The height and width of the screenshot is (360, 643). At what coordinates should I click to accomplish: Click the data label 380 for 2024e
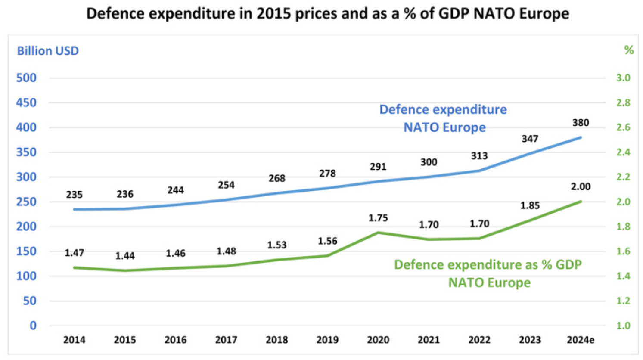click(580, 123)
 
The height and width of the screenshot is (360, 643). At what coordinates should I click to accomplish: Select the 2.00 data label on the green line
click(580, 186)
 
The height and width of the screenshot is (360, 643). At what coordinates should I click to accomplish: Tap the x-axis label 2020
click(378, 340)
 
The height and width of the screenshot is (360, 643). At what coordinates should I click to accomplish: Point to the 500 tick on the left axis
click(26, 78)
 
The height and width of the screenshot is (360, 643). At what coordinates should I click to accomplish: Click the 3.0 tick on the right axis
click(623, 78)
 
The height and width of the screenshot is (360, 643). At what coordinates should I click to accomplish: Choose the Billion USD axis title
click(48, 51)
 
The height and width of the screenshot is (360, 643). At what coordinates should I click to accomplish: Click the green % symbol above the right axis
click(629, 50)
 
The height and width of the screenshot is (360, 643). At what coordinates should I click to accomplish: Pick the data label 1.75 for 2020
click(378, 218)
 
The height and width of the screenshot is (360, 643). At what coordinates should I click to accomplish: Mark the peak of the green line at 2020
click(378, 233)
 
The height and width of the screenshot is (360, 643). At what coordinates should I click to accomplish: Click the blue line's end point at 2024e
click(581, 138)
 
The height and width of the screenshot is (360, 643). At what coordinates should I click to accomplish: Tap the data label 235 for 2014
click(74, 195)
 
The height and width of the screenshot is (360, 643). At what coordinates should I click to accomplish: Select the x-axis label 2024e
click(580, 340)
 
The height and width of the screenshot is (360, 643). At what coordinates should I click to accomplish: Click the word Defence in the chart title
click(116, 13)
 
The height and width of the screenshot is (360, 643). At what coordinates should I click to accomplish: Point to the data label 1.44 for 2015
click(125, 256)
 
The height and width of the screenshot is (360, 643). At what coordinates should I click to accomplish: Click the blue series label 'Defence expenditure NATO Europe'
click(443, 118)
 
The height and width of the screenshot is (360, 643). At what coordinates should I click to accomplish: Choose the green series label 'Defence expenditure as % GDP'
click(488, 264)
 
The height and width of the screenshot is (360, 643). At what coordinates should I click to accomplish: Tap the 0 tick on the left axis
click(33, 326)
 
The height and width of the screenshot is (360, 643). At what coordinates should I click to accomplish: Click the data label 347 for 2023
click(530, 139)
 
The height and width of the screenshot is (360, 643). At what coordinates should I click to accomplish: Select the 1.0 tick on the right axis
click(623, 326)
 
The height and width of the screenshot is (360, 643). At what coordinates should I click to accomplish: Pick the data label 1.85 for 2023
click(530, 205)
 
